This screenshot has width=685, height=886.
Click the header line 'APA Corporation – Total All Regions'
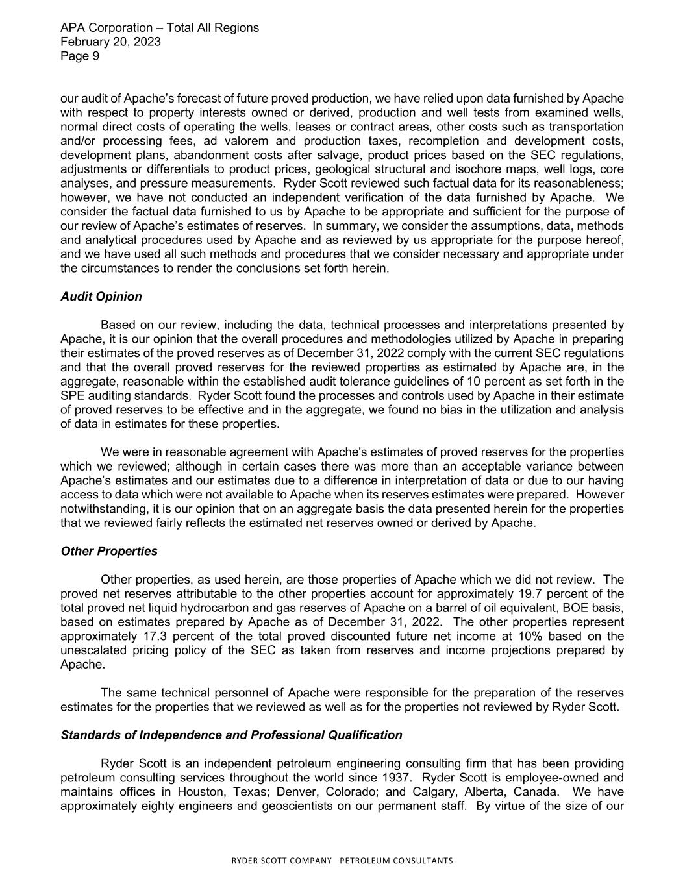(159, 28)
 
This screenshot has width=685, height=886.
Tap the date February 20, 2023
(110, 42)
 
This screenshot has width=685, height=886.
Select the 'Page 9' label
(80, 56)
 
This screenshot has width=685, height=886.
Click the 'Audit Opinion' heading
(101, 297)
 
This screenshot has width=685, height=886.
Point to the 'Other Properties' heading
(108, 551)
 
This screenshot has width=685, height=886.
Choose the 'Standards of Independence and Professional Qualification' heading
(231, 735)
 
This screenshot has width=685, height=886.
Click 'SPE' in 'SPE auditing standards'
(72, 396)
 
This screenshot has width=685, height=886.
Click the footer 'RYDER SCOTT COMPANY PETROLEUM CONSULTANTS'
(342, 861)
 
